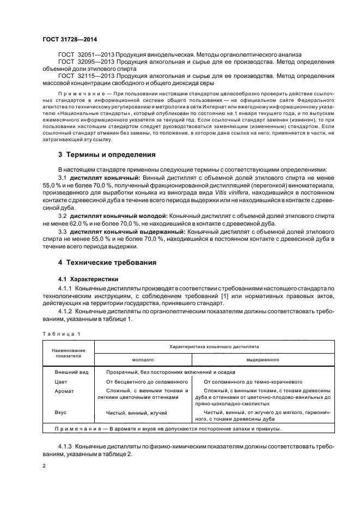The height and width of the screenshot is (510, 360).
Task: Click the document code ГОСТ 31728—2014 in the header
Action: [x=66, y=39]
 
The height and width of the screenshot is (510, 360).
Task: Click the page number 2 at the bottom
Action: [x=44, y=466]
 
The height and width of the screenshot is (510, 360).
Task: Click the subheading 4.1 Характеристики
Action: [x=84, y=278]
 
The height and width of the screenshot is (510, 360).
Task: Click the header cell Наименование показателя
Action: [x=69, y=353]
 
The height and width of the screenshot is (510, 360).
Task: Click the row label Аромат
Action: [x=64, y=391]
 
